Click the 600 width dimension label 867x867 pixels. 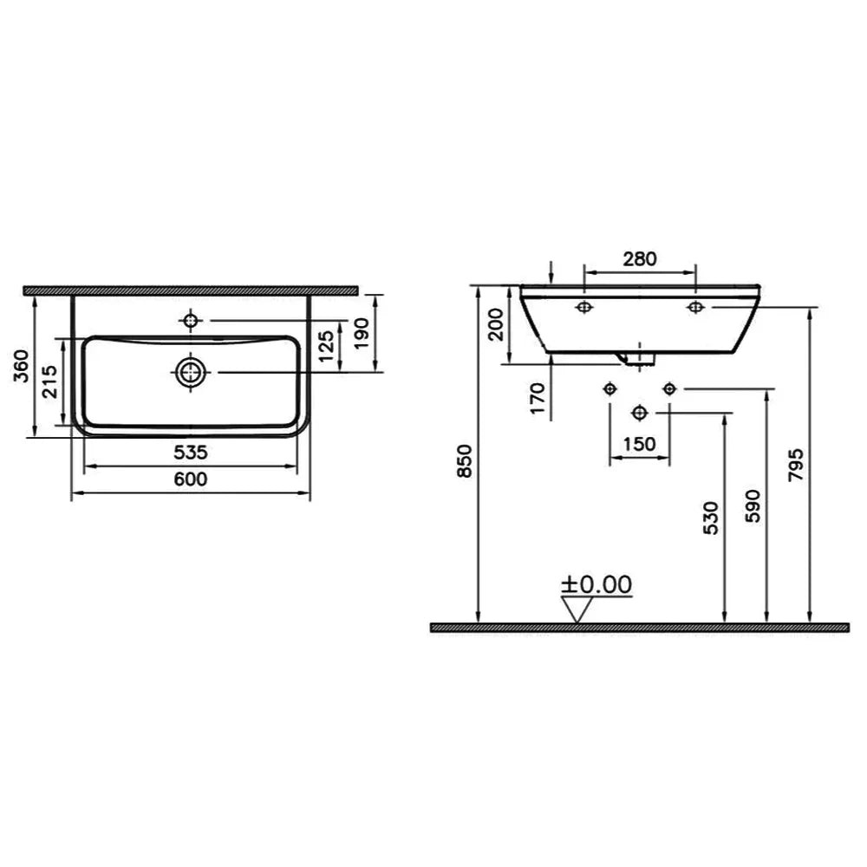tap(190, 479)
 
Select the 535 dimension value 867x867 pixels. tap(190, 453)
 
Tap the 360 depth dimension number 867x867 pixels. tap(22, 366)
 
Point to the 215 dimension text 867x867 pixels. tap(49, 381)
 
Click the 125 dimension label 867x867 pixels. tap(326, 346)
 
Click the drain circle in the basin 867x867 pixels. tap(190, 372)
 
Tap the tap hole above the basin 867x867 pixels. tap(191, 320)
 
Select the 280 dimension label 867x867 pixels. tap(640, 258)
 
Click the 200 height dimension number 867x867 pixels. tap(497, 324)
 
